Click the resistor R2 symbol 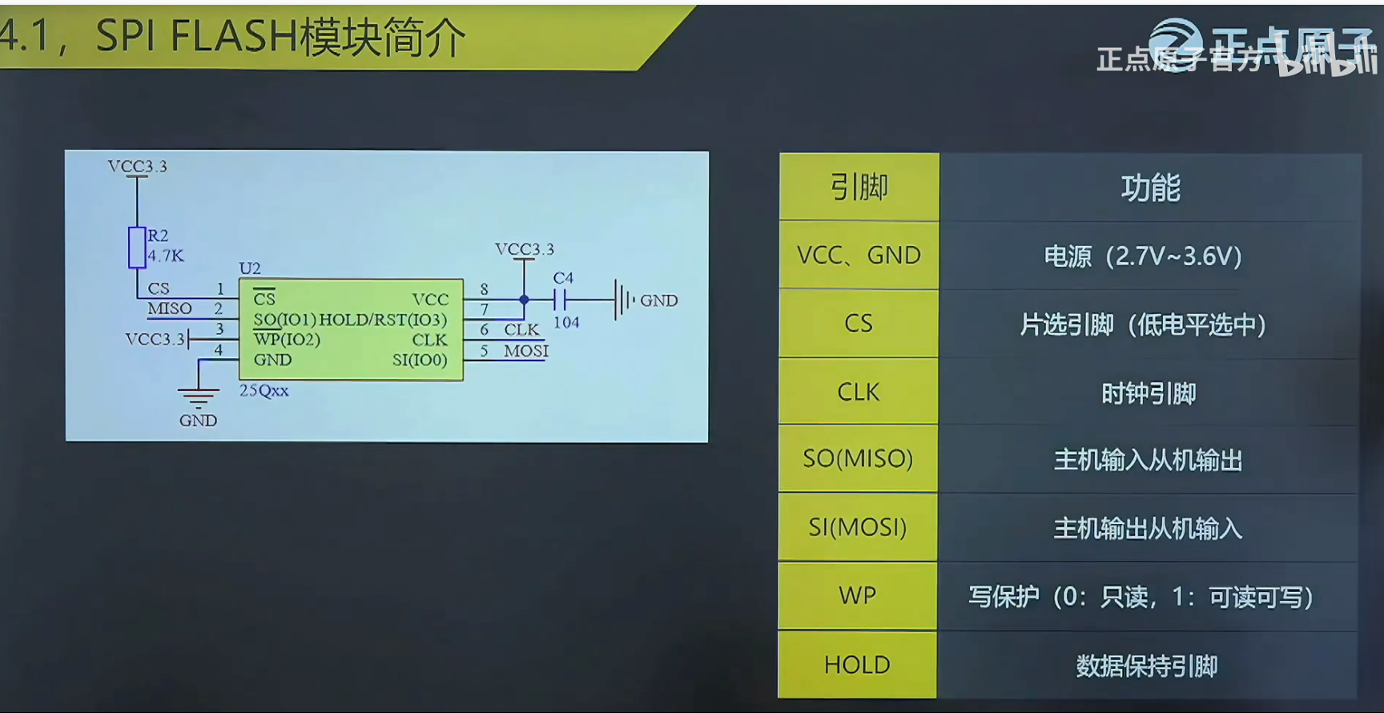click(x=137, y=247)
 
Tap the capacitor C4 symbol click(x=560, y=300)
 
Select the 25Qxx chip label click(x=264, y=391)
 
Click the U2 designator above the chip click(x=250, y=268)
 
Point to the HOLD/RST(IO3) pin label click(x=383, y=320)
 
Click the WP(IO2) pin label click(x=287, y=340)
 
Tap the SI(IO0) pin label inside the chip click(x=420, y=361)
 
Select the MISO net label click(x=170, y=309)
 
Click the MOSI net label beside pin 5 click(x=526, y=351)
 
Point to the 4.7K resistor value click(x=166, y=256)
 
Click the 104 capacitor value click(x=566, y=323)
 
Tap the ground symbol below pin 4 click(x=198, y=396)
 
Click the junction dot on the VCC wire click(x=525, y=300)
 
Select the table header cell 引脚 click(x=859, y=187)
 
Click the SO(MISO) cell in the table click(x=858, y=458)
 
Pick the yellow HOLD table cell click(x=857, y=665)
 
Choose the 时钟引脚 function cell click(x=1149, y=393)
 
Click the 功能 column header click(x=1150, y=187)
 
